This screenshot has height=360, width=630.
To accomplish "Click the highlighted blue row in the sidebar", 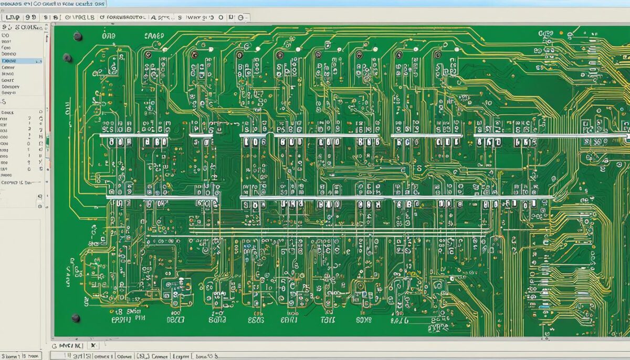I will coord(21,61).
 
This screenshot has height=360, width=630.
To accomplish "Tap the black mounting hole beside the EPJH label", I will coord(76,318).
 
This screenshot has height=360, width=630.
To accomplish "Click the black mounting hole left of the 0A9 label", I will coord(78,36).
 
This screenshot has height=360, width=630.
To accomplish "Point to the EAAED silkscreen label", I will coord(153,36).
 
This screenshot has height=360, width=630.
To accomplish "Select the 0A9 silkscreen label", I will coord(109,36).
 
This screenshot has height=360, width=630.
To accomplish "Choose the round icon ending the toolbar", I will coord(241,17).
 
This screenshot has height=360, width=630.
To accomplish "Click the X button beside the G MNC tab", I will coord(93,346).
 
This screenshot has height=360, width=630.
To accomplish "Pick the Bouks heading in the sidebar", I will coord(8,112).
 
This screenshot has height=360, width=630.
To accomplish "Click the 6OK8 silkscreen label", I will coord(363,319).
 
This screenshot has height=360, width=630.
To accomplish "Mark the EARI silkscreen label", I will coord(289,319).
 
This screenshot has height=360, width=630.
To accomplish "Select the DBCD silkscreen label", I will coord(176,319).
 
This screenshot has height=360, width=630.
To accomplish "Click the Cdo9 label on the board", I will coord(546,33).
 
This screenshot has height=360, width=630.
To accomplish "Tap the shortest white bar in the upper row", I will coord(201,135).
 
